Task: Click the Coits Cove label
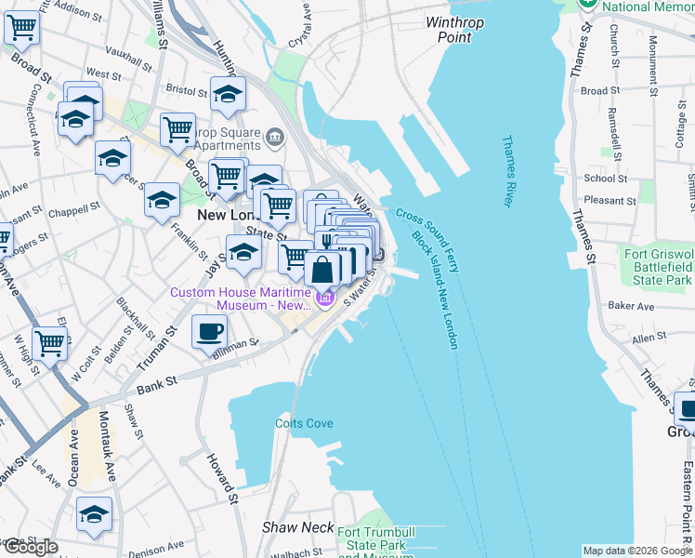click(x=304, y=423)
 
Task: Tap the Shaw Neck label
click(x=297, y=527)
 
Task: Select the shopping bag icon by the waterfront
click(x=321, y=270)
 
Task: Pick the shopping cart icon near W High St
click(x=49, y=342)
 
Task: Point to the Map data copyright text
click(x=636, y=551)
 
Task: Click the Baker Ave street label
click(x=631, y=305)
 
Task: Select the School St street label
click(x=605, y=179)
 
